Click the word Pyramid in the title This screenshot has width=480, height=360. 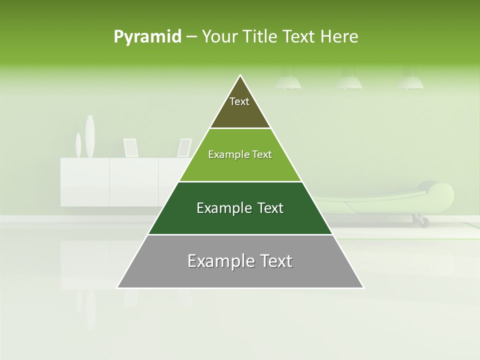pyautogui.click(x=147, y=37)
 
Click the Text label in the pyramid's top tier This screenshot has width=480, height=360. pyautogui.click(x=239, y=101)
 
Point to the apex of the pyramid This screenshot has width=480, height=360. pyautogui.click(x=240, y=76)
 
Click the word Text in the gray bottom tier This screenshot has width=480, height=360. pyautogui.click(x=275, y=261)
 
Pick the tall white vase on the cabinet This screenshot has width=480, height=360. pyautogui.click(x=90, y=136)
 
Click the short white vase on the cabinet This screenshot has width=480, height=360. pyautogui.click(x=78, y=145)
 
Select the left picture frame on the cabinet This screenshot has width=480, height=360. pyautogui.click(x=131, y=147)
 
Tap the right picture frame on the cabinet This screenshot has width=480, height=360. pyautogui.click(x=184, y=147)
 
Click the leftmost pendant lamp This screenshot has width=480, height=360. pyautogui.click(x=288, y=82)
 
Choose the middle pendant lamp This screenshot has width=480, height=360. pyautogui.click(x=349, y=82)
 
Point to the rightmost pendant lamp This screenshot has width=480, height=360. pyautogui.click(x=410, y=82)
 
